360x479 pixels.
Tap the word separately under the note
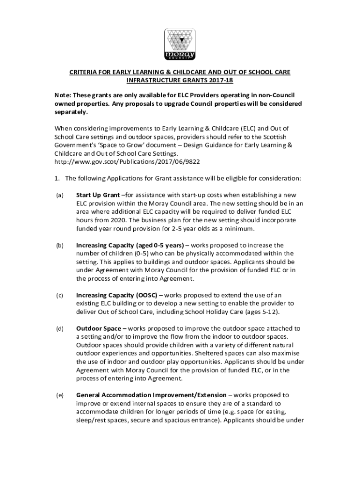(x=71, y=112)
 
